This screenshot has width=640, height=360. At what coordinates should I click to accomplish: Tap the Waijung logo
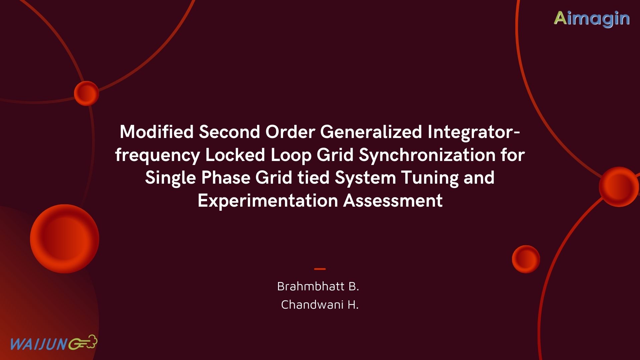(x=53, y=343)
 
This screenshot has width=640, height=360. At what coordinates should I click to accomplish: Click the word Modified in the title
(x=157, y=132)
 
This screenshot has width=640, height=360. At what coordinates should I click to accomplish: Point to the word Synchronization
(x=427, y=155)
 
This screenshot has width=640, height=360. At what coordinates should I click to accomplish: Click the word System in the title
(x=365, y=178)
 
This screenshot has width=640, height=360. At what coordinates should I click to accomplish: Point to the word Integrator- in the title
(x=474, y=132)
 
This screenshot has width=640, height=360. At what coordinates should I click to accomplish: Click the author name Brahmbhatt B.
(x=318, y=286)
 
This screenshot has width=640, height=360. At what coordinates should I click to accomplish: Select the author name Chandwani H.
(x=320, y=305)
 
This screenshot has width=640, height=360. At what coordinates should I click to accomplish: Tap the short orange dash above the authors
(x=320, y=269)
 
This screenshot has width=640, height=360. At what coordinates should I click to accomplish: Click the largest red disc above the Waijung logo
(x=64, y=239)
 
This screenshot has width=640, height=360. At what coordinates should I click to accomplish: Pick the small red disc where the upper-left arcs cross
(x=86, y=93)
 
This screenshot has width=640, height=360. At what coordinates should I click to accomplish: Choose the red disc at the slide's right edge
(x=619, y=187)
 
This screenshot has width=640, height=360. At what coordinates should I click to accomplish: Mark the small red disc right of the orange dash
(x=526, y=259)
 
